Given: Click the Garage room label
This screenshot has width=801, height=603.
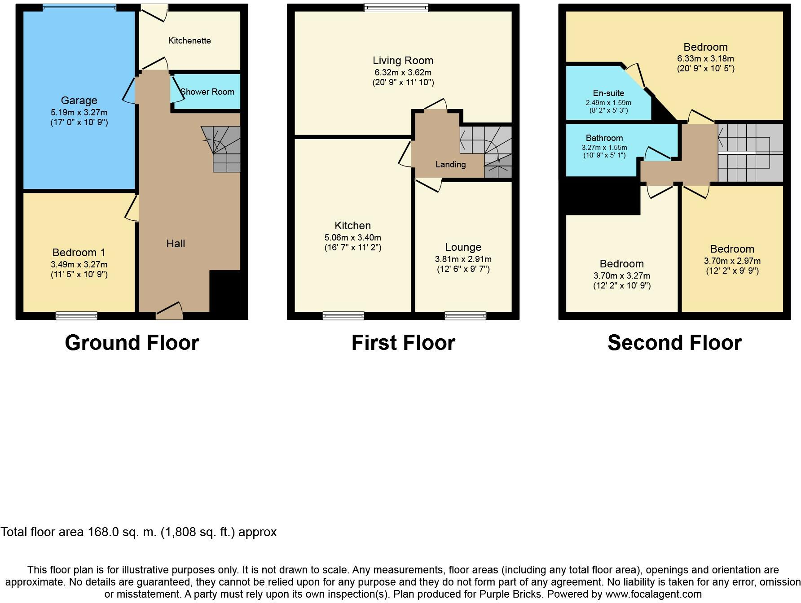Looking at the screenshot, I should click(x=79, y=100).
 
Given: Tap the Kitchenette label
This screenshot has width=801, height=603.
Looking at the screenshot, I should click(x=189, y=41).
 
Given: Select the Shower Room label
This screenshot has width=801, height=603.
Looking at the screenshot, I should click(x=207, y=92).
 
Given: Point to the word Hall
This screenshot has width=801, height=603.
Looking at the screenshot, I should click(x=176, y=244).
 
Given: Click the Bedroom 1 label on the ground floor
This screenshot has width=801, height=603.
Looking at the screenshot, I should click(x=79, y=253).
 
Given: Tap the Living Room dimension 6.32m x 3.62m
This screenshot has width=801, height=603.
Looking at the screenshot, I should click(x=403, y=72).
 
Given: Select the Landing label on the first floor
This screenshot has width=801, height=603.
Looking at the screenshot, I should click(x=450, y=165).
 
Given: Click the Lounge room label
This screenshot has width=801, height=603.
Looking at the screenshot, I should click(x=463, y=247).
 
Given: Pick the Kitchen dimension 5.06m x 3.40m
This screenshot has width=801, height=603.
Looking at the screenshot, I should click(x=352, y=237).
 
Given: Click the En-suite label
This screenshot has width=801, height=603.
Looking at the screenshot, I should click(x=608, y=93).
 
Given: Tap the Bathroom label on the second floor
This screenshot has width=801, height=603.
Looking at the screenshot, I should click(x=604, y=138).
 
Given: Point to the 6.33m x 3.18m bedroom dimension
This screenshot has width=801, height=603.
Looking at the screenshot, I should click(x=705, y=58).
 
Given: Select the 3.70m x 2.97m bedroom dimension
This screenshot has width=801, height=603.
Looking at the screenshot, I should click(x=732, y=261).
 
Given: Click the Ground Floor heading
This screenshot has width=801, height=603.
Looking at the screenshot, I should click(x=132, y=343).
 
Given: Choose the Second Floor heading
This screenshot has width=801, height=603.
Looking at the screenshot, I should click(x=674, y=343).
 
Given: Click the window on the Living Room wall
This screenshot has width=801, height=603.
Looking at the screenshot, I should click(x=396, y=7).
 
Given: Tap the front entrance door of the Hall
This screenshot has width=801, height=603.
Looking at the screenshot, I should click(x=169, y=311).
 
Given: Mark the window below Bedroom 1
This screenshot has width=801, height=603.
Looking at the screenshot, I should click(x=76, y=316).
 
